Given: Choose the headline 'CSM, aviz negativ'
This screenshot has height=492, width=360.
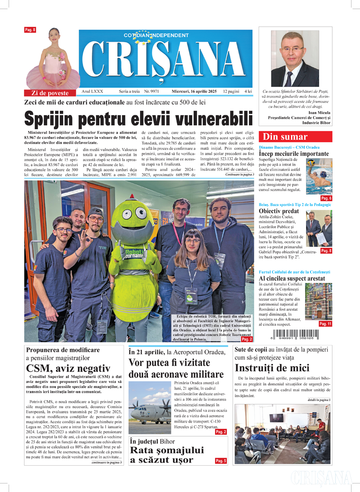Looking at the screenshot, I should [68, 368].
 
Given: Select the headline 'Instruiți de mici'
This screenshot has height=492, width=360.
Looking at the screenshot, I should [272, 367].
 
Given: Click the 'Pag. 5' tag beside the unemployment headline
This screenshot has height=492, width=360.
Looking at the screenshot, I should [220, 461].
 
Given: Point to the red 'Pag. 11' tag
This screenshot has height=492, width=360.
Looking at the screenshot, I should [325, 324].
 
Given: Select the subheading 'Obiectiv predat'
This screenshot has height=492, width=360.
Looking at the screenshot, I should [279, 211].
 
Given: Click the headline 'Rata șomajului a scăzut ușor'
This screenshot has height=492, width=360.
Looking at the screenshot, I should [167, 455].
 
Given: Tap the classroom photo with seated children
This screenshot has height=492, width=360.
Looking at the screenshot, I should [282, 434].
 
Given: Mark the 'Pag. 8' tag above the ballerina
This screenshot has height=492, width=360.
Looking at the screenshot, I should [30, 29].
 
